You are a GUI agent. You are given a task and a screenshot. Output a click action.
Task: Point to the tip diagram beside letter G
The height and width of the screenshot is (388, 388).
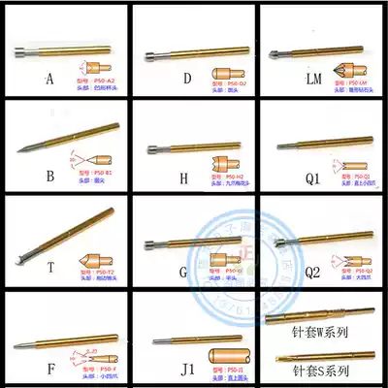click(x=224, y=262)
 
